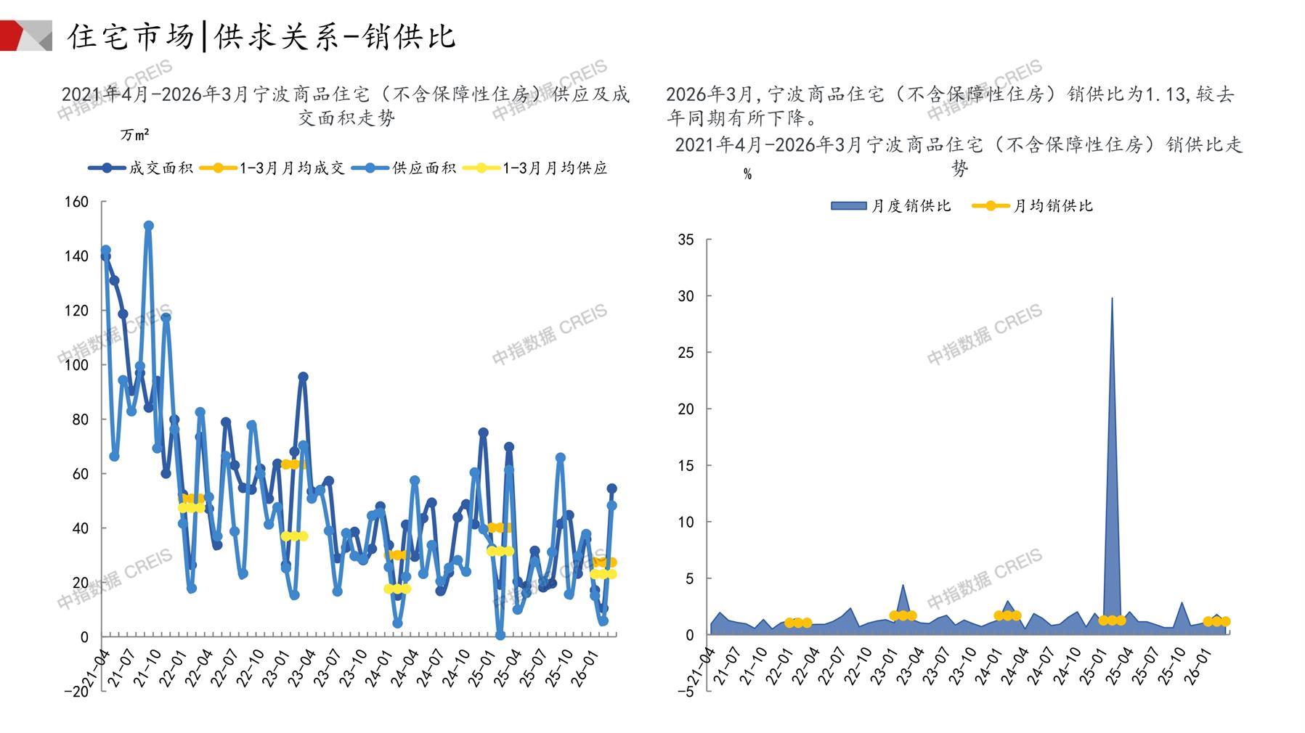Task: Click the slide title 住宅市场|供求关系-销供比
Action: pos(261,36)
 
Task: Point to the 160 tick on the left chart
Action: pos(76,202)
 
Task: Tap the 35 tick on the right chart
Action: pos(685,239)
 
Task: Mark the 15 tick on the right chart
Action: pos(685,466)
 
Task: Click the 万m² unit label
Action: pos(134,135)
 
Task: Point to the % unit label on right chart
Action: pos(747,174)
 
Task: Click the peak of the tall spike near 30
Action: pos(1112,298)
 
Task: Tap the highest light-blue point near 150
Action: pos(149,226)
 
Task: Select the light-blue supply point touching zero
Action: pos(500,635)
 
